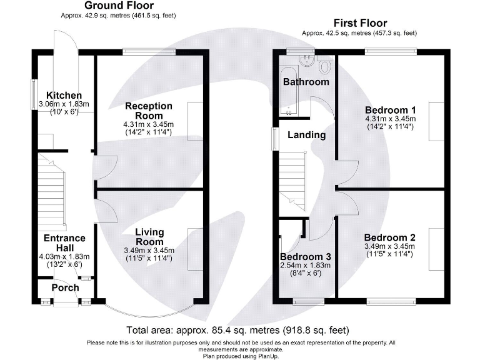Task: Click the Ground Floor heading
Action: pos(119,5)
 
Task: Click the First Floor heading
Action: pos(360,23)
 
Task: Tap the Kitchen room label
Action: pos(64,95)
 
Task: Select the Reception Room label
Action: pos(149,111)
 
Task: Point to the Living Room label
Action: pos(149,237)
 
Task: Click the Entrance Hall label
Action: pos(64,242)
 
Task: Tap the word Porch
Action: pos(65,287)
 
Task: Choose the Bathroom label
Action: pos(306,82)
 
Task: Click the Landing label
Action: pos(306,135)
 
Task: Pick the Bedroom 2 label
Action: pos(390,237)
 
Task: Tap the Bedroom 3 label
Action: pos(306,256)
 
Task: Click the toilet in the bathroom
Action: pos(324,64)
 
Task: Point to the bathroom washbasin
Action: pos(307,61)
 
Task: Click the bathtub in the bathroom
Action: pos(288,91)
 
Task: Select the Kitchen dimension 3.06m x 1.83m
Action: pos(64,104)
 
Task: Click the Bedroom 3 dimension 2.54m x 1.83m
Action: pos(306,266)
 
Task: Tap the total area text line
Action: pos(238,330)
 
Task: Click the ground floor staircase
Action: pos(51,191)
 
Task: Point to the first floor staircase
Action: pos(292,181)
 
